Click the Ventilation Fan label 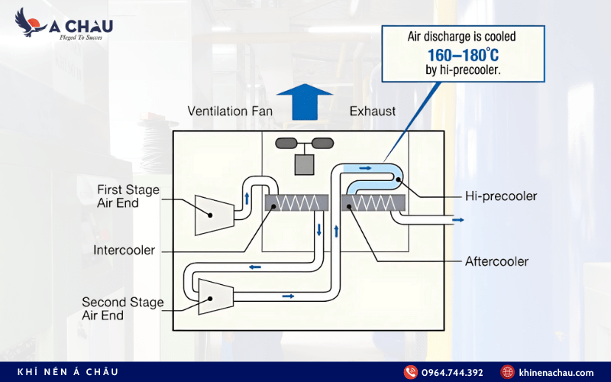[230, 112]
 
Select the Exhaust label [373, 112]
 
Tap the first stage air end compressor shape [215, 212]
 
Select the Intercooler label [124, 250]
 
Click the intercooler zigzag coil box [296, 202]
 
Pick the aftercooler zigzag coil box [373, 202]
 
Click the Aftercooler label [496, 261]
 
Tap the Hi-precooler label [501, 196]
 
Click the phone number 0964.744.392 [454, 372]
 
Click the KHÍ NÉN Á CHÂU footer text [69, 372]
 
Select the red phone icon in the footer [410, 372]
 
